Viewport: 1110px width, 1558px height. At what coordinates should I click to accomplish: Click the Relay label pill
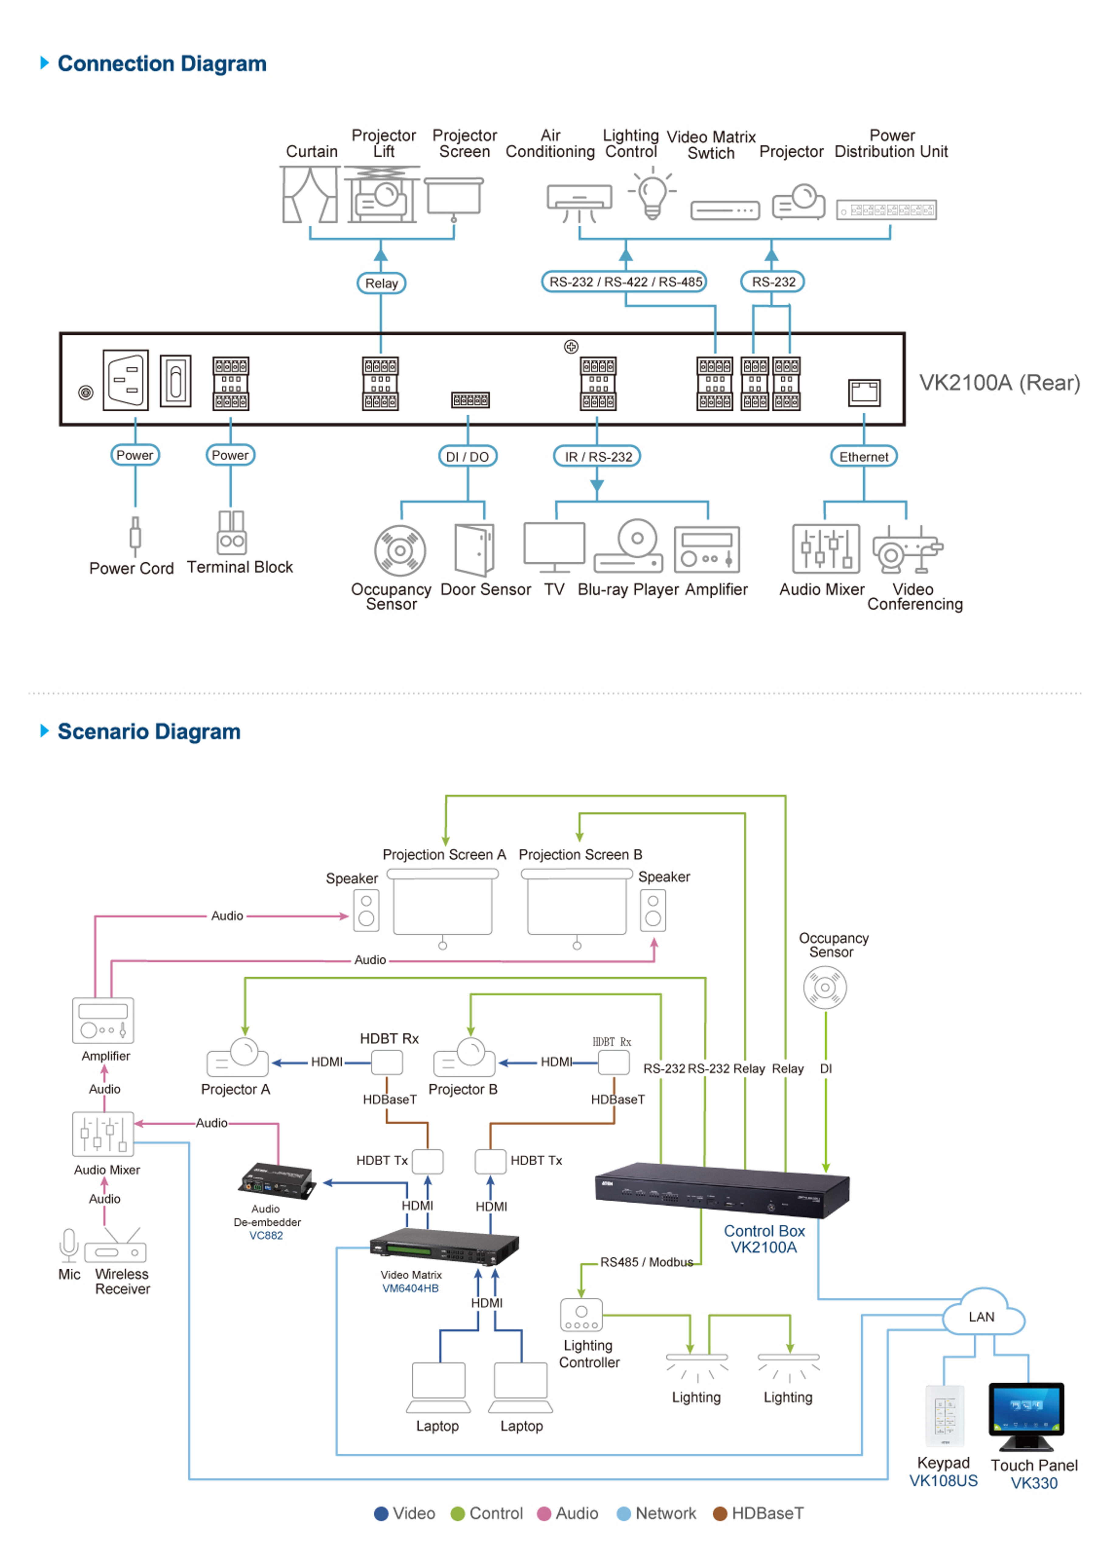[381, 283]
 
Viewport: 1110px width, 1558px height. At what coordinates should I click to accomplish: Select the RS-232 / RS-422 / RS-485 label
[625, 281]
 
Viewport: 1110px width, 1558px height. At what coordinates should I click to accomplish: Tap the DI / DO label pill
[467, 456]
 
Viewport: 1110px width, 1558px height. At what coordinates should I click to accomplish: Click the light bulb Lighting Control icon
[653, 195]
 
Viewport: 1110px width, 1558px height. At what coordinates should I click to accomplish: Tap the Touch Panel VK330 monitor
[1026, 1414]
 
